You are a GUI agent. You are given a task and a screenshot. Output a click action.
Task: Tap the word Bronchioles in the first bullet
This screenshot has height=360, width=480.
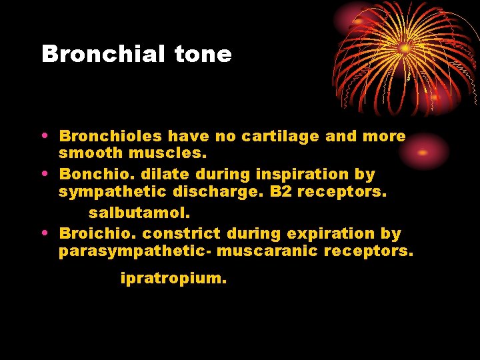[x=111, y=137]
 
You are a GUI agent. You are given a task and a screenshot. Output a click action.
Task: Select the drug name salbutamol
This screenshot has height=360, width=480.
[x=139, y=214]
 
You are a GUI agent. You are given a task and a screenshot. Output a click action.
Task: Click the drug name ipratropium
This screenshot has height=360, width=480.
[x=173, y=279]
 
